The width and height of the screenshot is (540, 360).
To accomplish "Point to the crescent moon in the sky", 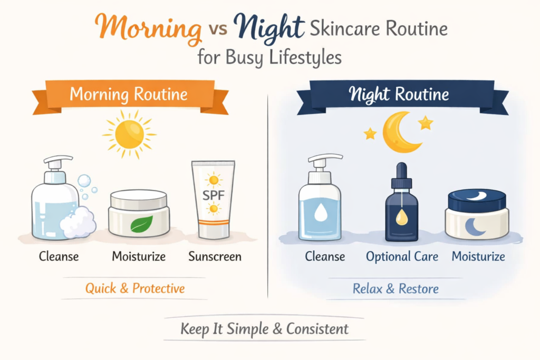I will pyautogui.click(x=398, y=132).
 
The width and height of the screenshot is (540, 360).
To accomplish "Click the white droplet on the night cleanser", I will pyautogui.click(x=320, y=212).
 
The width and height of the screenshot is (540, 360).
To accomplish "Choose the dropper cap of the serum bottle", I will pyautogui.click(x=402, y=174).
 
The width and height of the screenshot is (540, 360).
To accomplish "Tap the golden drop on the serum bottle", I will pyautogui.click(x=402, y=217).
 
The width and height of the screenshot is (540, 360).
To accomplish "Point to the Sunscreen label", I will pyautogui.click(x=215, y=257).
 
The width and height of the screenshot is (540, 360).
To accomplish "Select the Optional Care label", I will pyautogui.click(x=402, y=257).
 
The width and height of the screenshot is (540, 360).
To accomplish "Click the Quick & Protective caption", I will pyautogui.click(x=135, y=288).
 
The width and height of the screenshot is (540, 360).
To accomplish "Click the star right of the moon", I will pyautogui.click(x=425, y=123).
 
